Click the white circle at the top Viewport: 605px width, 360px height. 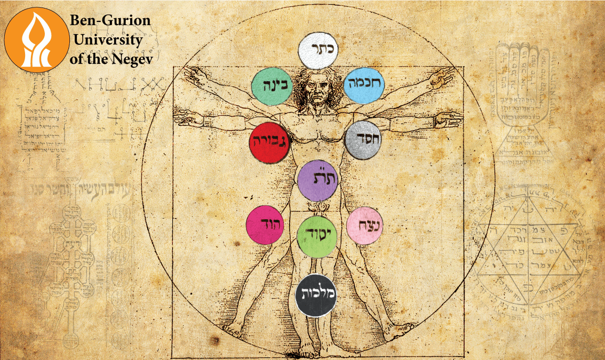point(319,50)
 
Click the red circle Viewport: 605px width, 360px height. point(269,142)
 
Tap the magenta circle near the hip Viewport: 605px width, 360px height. point(266,224)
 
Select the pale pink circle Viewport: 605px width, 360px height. point(365,226)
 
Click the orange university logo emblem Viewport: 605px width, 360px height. point(37,39)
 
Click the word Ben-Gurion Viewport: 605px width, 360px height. point(110,22)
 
